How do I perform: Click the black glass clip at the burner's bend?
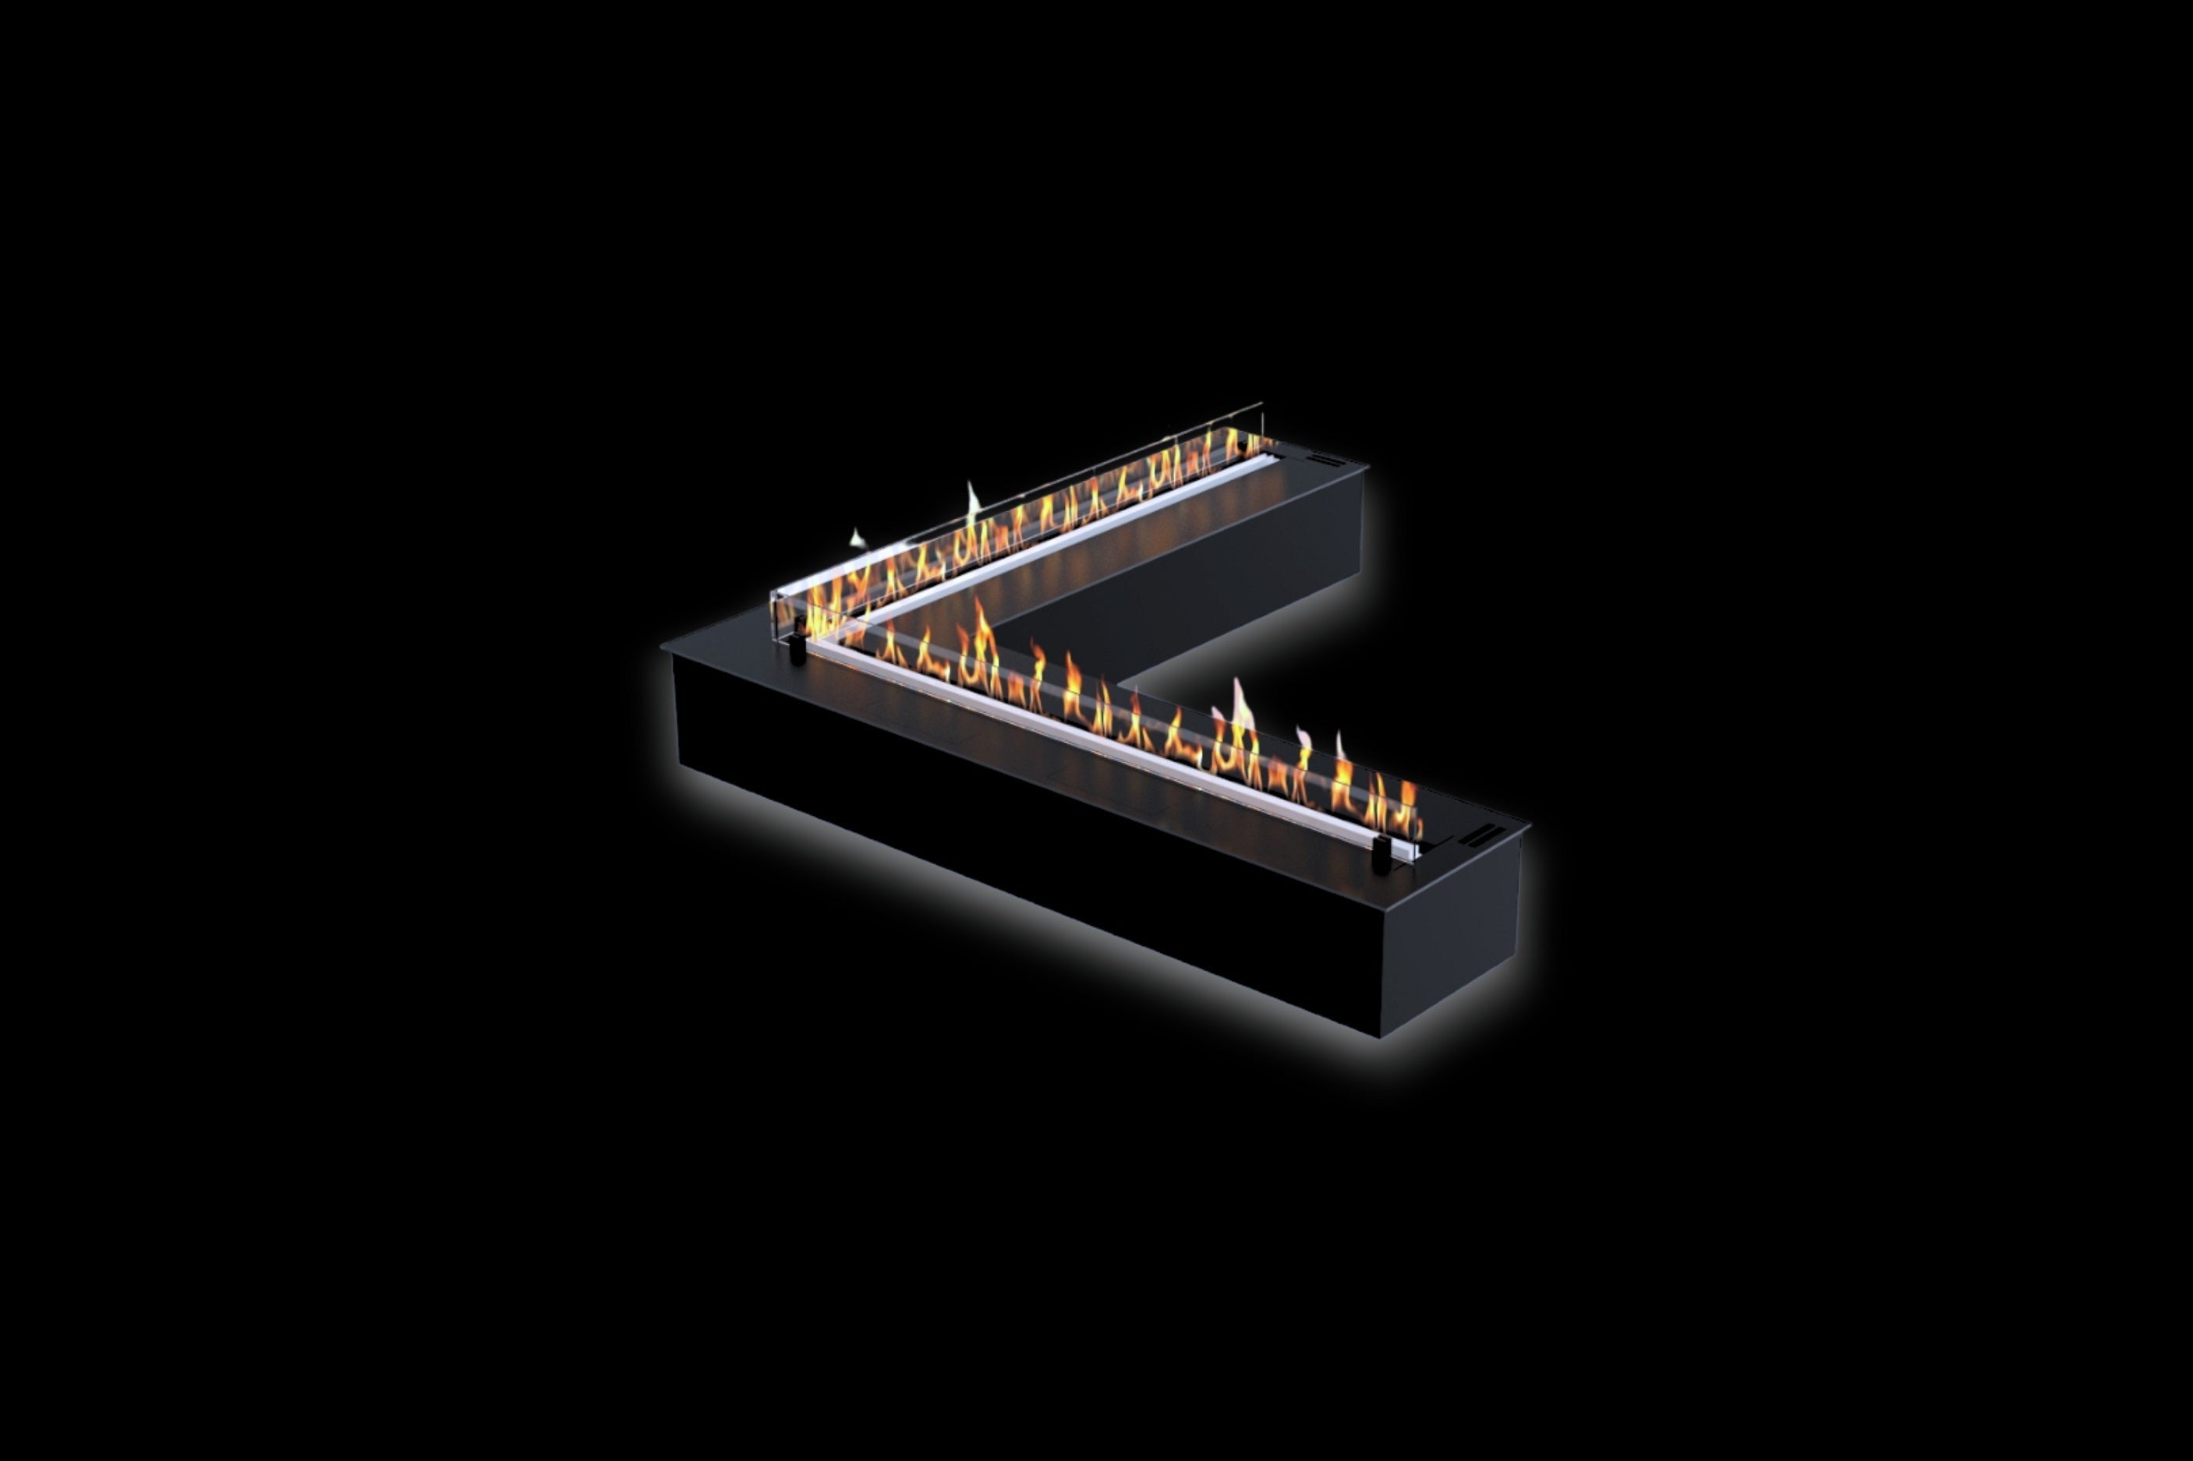798,648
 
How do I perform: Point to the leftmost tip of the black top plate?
663,644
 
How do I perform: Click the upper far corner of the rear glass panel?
1262,405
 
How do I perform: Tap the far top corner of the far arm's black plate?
1367,462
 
